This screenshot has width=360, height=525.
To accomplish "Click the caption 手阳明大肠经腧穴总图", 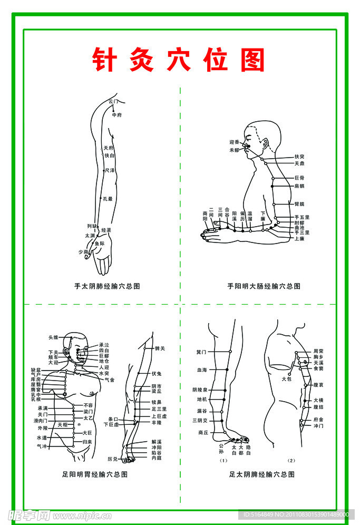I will point(264,286).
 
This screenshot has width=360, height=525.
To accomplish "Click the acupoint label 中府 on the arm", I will point(116,114).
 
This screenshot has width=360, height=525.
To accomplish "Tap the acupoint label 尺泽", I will point(110,170).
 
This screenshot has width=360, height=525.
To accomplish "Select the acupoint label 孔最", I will point(108,199).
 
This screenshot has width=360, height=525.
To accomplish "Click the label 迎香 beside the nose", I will point(235,142).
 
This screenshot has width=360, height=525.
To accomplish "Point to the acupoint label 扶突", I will point(299,157).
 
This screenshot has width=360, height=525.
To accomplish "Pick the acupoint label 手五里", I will point(301,217).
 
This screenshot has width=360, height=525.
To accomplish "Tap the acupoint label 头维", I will point(53,337).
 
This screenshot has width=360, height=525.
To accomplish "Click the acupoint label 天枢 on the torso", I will point(63,424).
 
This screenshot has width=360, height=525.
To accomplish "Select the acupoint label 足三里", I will point(159,409).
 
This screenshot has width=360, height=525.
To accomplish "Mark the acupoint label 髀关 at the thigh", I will point(160,348).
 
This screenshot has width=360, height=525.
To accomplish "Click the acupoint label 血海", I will point(201,370).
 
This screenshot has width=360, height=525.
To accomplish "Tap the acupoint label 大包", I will point(286,378).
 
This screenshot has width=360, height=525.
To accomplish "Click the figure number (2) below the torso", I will point(291,460).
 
